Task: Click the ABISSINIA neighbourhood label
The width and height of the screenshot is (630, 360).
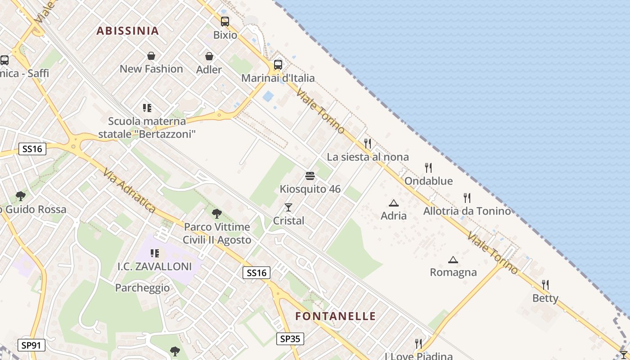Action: (x=128, y=31)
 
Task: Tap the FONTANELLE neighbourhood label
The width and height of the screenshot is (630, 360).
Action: (x=335, y=316)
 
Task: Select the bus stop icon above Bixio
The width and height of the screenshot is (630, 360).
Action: (x=225, y=21)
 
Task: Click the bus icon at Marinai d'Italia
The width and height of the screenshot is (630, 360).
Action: (x=278, y=64)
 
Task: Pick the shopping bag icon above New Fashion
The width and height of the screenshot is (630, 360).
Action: (x=151, y=56)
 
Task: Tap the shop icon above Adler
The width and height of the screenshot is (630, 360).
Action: (x=209, y=56)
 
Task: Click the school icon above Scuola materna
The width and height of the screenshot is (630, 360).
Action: (x=147, y=108)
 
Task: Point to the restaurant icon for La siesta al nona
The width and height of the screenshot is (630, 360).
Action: (x=368, y=143)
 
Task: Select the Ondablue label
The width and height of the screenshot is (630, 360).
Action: (x=428, y=181)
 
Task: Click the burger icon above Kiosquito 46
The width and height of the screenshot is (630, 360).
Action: (x=310, y=175)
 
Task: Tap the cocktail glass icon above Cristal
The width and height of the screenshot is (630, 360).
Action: (x=288, y=207)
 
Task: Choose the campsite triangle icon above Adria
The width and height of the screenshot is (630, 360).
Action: (x=394, y=203)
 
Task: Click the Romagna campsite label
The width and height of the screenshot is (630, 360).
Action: (x=453, y=272)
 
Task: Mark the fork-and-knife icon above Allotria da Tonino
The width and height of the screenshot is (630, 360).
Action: (x=467, y=198)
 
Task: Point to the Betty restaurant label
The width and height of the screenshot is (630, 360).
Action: (x=545, y=298)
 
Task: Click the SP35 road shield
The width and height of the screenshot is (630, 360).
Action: (x=290, y=338)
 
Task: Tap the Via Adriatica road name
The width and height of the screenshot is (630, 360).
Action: (x=129, y=191)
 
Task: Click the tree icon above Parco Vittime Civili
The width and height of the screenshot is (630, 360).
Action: (x=217, y=213)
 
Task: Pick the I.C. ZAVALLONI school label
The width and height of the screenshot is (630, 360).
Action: (x=155, y=266)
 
